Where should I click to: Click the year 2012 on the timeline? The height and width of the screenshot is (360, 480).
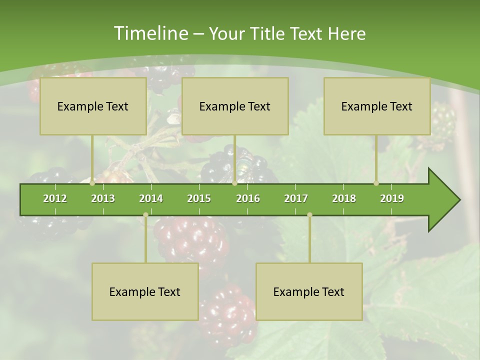[55, 198]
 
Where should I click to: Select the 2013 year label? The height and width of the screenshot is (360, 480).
[103, 198]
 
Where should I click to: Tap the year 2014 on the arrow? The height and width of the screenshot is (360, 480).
[151, 198]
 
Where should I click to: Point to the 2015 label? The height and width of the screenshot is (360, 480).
[199, 198]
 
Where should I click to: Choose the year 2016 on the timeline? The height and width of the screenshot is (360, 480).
[248, 198]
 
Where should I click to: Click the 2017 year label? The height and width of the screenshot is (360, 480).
[296, 198]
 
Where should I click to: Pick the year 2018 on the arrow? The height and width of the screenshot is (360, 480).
[344, 198]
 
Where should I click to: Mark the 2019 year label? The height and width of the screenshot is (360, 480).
[392, 198]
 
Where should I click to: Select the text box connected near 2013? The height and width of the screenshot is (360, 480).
[93, 106]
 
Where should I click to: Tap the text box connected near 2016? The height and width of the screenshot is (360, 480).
[235, 106]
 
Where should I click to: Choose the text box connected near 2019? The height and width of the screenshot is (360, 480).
[377, 106]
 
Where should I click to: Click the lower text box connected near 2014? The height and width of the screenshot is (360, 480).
[145, 292]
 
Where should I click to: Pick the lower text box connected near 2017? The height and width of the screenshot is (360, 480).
[309, 292]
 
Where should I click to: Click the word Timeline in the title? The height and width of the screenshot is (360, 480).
[150, 33]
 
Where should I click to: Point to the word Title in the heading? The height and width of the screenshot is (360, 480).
[268, 34]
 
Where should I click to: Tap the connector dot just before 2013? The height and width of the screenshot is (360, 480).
[92, 183]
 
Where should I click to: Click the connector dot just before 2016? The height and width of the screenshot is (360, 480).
[234, 183]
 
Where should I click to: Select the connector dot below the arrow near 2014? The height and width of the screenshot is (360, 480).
[145, 215]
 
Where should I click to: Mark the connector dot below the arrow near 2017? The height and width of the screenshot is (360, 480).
[309, 215]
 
